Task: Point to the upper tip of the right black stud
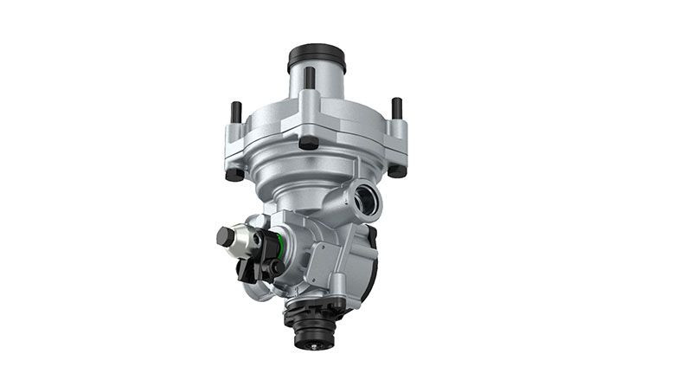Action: (396, 103)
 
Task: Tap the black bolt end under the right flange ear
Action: (397, 170)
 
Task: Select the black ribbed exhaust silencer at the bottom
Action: (311, 320)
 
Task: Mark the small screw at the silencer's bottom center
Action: (308, 341)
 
